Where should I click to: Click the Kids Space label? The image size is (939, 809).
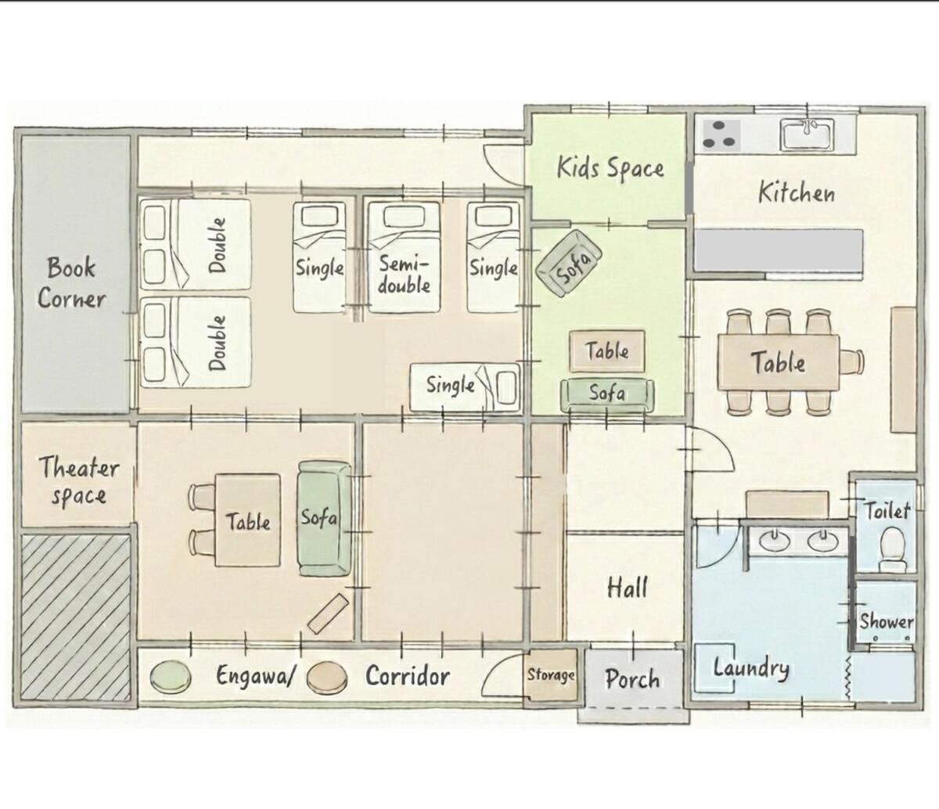point(610,168)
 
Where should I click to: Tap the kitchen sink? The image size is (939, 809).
point(808,134)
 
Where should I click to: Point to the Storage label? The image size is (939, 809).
point(551,675)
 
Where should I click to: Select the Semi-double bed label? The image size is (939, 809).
point(404,275)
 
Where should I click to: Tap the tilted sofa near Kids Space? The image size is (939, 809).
point(569,263)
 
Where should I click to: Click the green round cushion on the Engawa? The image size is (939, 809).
point(171,676)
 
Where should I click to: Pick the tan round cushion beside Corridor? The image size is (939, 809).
point(326,676)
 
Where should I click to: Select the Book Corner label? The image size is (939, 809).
point(71,282)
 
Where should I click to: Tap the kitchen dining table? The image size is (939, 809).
point(779,362)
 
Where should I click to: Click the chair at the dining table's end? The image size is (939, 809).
point(852,362)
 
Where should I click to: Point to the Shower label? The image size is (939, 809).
point(886,622)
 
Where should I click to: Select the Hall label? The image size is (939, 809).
point(628,588)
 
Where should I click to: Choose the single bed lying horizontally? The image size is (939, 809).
point(465,387)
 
